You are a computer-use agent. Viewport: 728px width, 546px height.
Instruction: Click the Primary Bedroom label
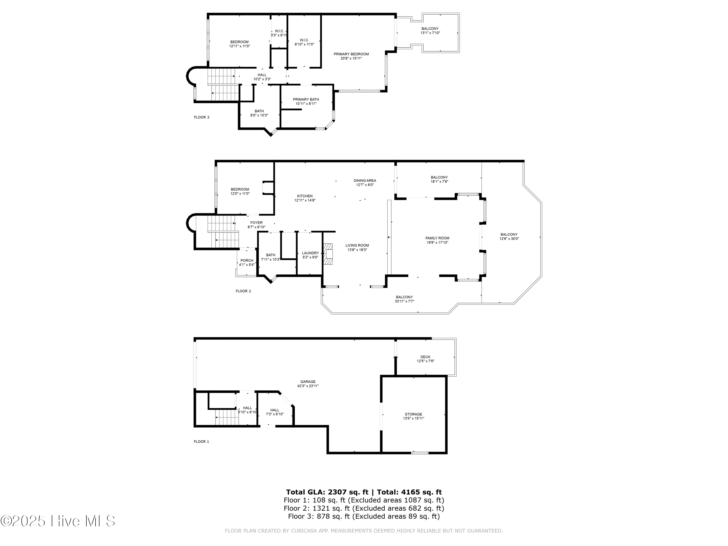tap(351, 54)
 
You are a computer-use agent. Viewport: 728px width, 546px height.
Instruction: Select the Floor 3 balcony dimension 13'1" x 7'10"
tap(430, 33)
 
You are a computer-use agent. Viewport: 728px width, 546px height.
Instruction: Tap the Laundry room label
tap(310, 253)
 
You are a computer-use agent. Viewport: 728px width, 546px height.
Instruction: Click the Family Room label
tap(437, 238)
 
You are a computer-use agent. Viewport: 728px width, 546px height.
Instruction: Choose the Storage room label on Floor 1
tap(413, 414)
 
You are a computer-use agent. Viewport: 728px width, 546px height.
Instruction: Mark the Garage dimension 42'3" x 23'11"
tap(308, 386)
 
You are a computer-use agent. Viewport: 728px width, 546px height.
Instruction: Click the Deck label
tap(425, 357)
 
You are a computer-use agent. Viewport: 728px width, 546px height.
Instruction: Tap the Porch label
tap(247, 260)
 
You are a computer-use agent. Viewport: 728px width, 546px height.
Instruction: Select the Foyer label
tap(256, 223)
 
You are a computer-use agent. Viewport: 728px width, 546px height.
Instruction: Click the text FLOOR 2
tap(243, 291)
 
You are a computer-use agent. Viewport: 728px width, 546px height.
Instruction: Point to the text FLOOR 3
tap(201, 117)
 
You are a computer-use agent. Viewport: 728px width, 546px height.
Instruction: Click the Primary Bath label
tap(306, 99)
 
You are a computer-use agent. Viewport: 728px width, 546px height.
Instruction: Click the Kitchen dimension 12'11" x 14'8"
tap(305, 200)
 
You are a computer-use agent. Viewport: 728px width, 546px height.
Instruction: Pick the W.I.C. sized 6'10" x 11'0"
tap(304, 42)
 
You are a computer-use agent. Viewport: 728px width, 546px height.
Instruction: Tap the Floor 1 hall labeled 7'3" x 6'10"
tap(274, 412)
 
